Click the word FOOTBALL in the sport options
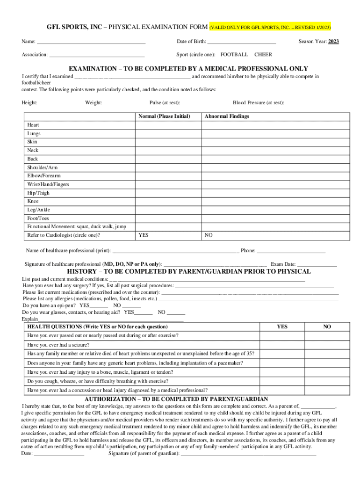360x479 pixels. [x=234, y=55]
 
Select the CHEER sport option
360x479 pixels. [x=263, y=55]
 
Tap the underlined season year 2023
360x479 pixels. [x=333, y=42]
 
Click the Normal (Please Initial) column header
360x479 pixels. [x=164, y=116]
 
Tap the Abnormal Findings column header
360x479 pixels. [x=227, y=116]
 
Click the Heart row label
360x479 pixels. [x=33, y=125]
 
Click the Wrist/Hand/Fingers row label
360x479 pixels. [x=48, y=184]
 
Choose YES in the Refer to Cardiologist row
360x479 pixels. [x=144, y=235]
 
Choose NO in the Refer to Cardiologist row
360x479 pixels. [x=209, y=235]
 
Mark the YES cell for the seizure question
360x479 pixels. [x=282, y=345]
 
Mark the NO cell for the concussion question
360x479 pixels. [x=327, y=390]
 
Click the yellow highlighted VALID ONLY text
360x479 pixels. [x=270, y=27]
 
